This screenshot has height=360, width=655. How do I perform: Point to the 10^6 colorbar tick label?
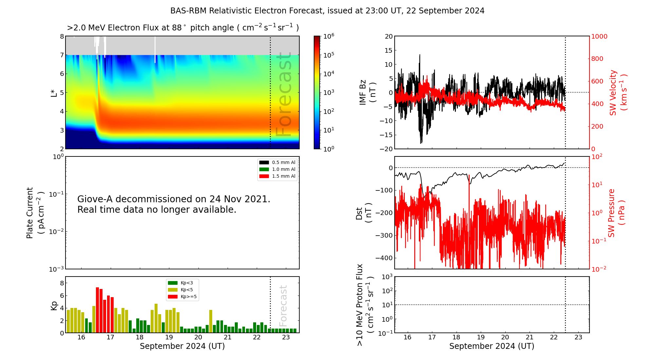[x=328, y=36]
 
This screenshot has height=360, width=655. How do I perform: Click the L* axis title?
[x=54, y=93]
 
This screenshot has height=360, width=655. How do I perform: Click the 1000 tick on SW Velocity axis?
[x=599, y=36]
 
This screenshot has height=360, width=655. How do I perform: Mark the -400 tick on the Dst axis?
[x=384, y=258]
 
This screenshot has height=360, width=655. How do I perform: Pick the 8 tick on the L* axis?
[x=62, y=36]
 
